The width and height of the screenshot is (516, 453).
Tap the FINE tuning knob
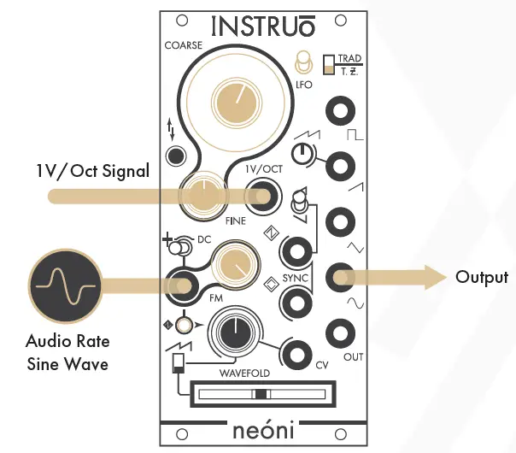coord(202,196)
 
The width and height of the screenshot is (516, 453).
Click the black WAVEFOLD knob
coord(230,331)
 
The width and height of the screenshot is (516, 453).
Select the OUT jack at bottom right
coord(341,332)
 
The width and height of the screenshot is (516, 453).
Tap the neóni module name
coord(262,430)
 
